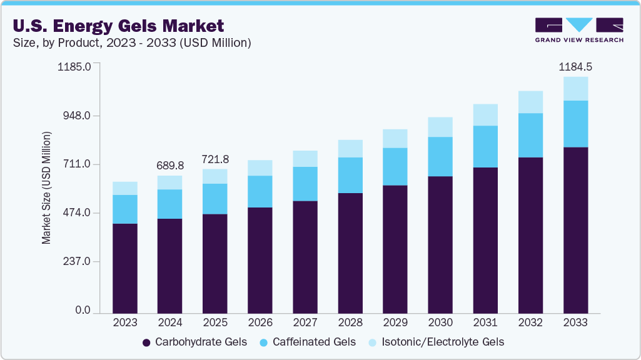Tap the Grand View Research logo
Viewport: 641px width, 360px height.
pos(578,30)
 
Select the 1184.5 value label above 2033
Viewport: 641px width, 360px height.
pos(575,67)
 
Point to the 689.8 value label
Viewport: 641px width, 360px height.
pos(170,166)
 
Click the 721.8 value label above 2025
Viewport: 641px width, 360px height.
pos(215,159)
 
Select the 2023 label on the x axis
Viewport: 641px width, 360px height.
pos(125,323)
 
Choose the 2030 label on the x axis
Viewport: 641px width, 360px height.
pos(440,323)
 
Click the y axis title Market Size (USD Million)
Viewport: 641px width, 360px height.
pos(46,187)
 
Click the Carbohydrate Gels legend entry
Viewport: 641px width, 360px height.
pos(194,342)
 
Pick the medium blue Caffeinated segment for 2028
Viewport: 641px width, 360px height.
pos(350,175)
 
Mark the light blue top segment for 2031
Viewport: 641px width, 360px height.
pos(485,115)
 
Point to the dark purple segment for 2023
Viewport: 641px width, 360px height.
pos(125,268)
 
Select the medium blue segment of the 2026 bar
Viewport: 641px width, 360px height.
pos(260,191)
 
